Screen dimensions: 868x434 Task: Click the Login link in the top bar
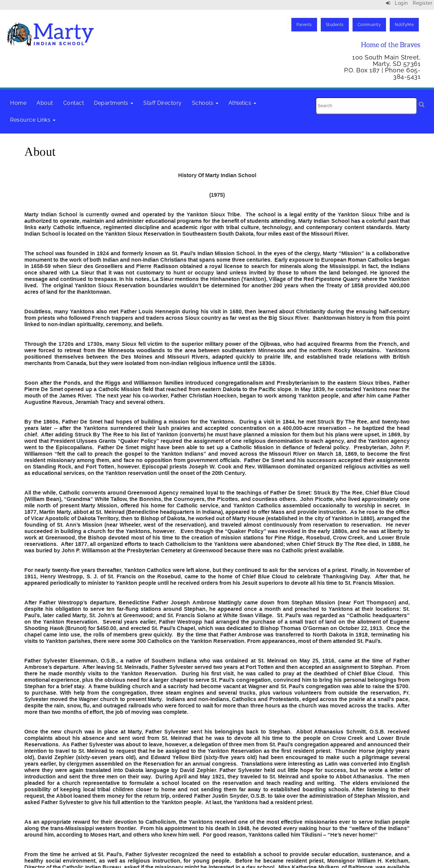[401, 3]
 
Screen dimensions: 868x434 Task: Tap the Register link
[422, 3]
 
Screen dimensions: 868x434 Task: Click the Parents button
[304, 25]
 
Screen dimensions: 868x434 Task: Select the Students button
[334, 25]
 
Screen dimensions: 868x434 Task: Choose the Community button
[369, 25]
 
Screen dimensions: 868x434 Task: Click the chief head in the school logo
[20, 34]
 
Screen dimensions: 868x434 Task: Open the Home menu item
[18, 103]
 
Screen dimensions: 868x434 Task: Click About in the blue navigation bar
[45, 103]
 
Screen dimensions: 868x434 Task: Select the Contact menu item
[73, 103]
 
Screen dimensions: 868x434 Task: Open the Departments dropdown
[113, 103]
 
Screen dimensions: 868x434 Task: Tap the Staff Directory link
[162, 103]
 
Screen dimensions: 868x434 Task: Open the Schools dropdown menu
[205, 103]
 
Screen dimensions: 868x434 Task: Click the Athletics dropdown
[242, 103]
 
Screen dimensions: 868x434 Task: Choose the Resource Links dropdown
[32, 120]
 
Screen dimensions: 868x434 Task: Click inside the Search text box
[366, 106]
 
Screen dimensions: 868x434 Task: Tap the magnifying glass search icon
[421, 105]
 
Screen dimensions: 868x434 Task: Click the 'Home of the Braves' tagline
[390, 45]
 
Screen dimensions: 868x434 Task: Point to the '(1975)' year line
[217, 195]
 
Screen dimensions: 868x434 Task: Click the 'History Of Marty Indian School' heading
[217, 175]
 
